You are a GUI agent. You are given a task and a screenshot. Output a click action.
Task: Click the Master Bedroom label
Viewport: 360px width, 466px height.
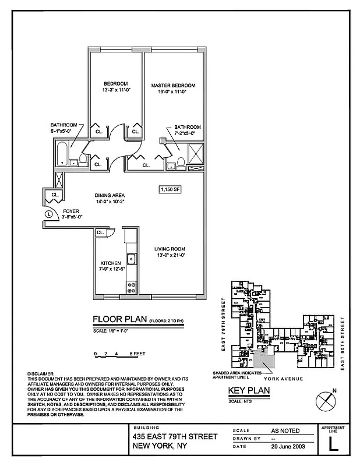click(x=173, y=85)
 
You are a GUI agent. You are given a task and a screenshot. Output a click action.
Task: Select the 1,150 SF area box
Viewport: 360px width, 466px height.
click(x=170, y=189)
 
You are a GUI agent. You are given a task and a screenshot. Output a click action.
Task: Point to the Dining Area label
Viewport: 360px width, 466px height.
click(x=111, y=195)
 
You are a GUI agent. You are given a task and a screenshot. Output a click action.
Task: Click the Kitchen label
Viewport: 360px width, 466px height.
click(x=110, y=263)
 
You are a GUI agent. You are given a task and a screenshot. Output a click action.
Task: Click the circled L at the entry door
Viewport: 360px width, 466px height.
click(x=48, y=214)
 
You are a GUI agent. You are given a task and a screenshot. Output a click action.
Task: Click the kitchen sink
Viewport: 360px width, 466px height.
click(x=132, y=258)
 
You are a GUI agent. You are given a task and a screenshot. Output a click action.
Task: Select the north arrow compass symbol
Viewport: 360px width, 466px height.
click(x=324, y=401)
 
